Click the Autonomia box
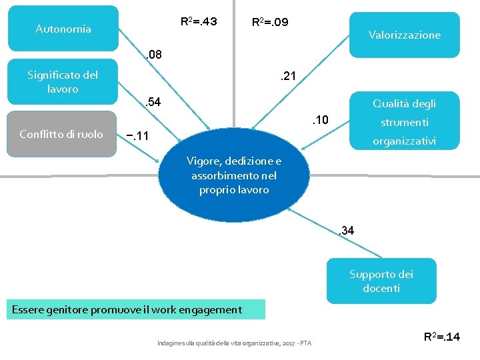[63, 29]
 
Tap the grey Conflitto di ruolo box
[61, 135]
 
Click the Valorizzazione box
[404, 35]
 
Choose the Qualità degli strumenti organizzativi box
[404, 122]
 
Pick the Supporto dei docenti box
[381, 281]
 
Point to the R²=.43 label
[199, 21]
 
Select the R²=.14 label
[442, 337]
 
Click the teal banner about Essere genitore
[137, 309]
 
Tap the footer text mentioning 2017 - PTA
[234, 343]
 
